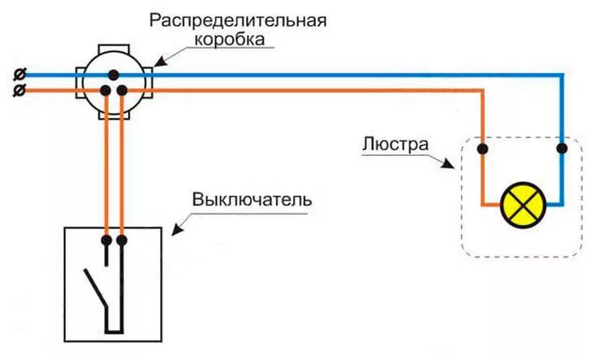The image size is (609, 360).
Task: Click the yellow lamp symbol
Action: click(522, 205)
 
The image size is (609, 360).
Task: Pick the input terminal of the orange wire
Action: click(19, 90)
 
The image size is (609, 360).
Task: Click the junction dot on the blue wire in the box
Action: click(114, 75)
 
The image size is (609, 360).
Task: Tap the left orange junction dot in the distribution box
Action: click(106, 90)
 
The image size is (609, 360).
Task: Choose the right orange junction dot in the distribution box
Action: click(122, 90)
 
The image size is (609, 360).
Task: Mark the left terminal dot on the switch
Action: click(106, 241)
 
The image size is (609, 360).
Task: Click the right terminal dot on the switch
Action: click(122, 241)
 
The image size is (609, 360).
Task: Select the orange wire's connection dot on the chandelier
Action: click(482, 150)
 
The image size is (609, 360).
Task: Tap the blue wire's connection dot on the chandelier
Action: click(561, 150)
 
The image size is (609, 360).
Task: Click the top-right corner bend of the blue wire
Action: click(561, 75)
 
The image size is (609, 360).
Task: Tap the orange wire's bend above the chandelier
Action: click(482, 90)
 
